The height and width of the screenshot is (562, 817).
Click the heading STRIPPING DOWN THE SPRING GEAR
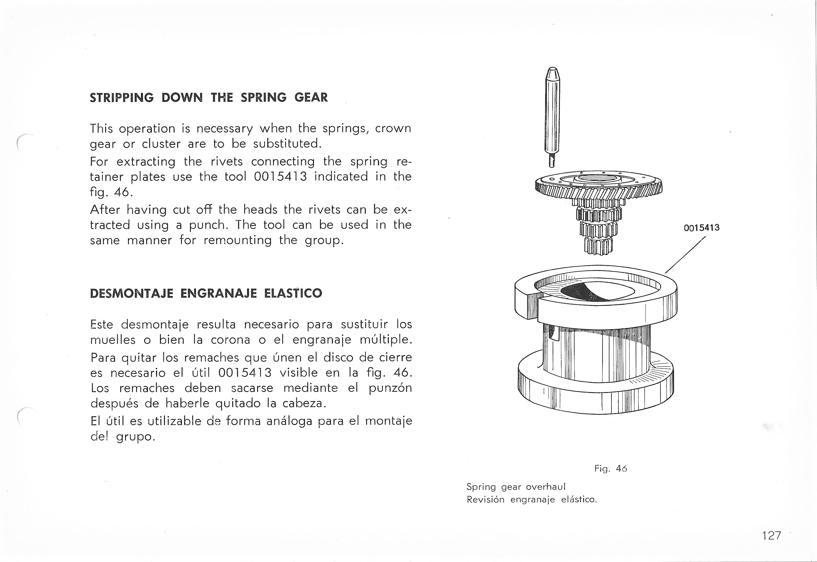point(209,98)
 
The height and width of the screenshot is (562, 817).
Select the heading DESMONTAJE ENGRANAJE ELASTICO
point(206,293)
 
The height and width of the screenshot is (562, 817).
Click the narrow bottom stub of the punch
point(552,162)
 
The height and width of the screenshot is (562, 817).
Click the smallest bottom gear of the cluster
point(598,246)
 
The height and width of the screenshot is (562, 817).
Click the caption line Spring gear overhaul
point(516,487)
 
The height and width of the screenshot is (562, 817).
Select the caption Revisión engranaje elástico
point(532,499)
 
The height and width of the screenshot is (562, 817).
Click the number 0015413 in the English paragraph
point(280,176)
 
